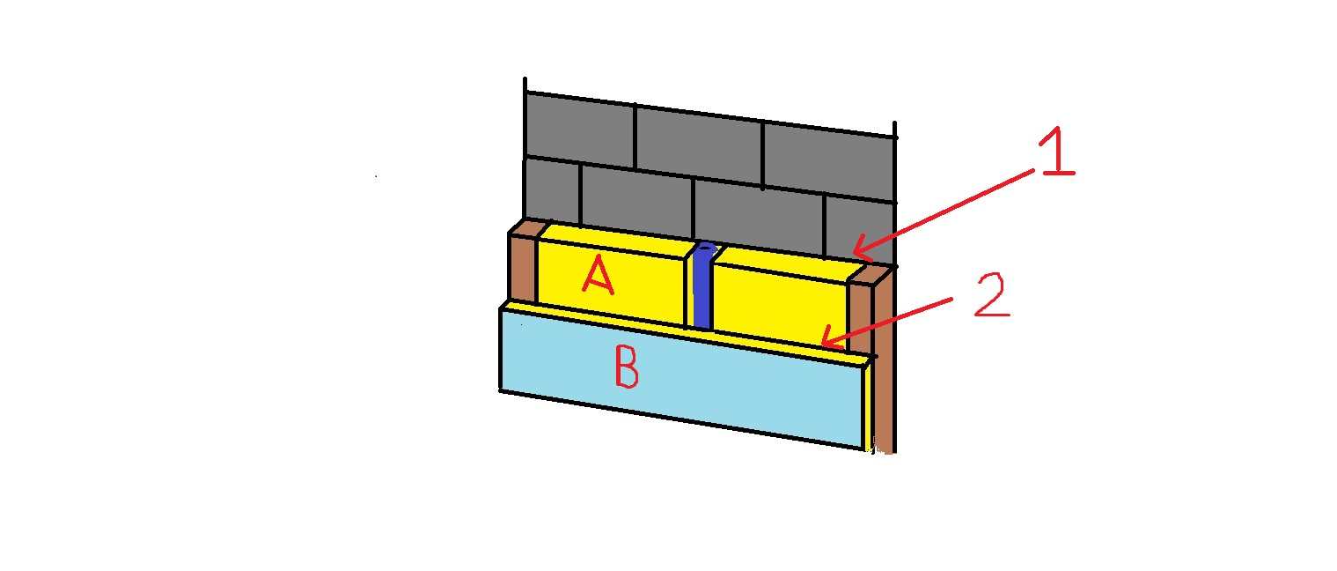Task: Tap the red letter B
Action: tap(627, 367)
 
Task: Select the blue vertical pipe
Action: tap(703, 286)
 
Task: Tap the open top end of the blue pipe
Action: tap(707, 247)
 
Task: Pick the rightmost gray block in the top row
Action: tap(830, 161)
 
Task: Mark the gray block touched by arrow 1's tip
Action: tap(859, 230)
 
